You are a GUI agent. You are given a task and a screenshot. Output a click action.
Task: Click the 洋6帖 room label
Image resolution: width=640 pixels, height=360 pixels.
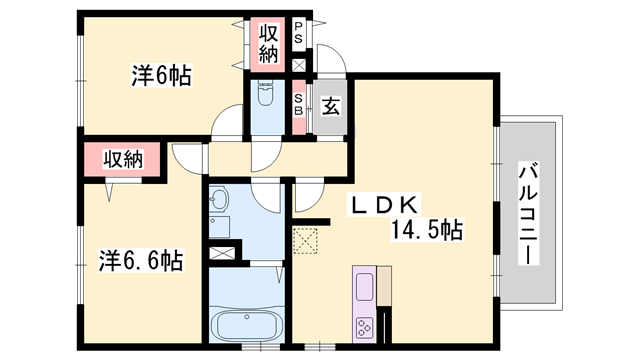(160, 74)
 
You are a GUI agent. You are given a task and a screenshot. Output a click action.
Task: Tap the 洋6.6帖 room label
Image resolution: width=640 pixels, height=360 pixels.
(140, 261)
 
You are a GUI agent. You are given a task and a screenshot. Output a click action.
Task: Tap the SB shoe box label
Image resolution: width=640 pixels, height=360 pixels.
(299, 105)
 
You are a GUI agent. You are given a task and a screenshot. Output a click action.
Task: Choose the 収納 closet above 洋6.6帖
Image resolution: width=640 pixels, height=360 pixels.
(122, 159)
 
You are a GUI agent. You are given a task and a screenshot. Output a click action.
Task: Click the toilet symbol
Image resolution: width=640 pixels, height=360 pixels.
(265, 98)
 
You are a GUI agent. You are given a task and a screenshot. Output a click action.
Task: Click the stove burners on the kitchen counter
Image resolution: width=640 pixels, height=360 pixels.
(364, 325)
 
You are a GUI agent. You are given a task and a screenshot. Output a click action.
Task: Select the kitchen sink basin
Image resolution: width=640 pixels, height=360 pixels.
(364, 282)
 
